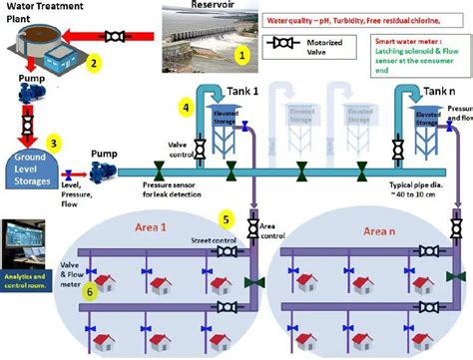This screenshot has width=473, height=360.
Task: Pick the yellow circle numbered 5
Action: [228, 216]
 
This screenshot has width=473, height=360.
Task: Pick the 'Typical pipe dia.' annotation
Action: [421, 189]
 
